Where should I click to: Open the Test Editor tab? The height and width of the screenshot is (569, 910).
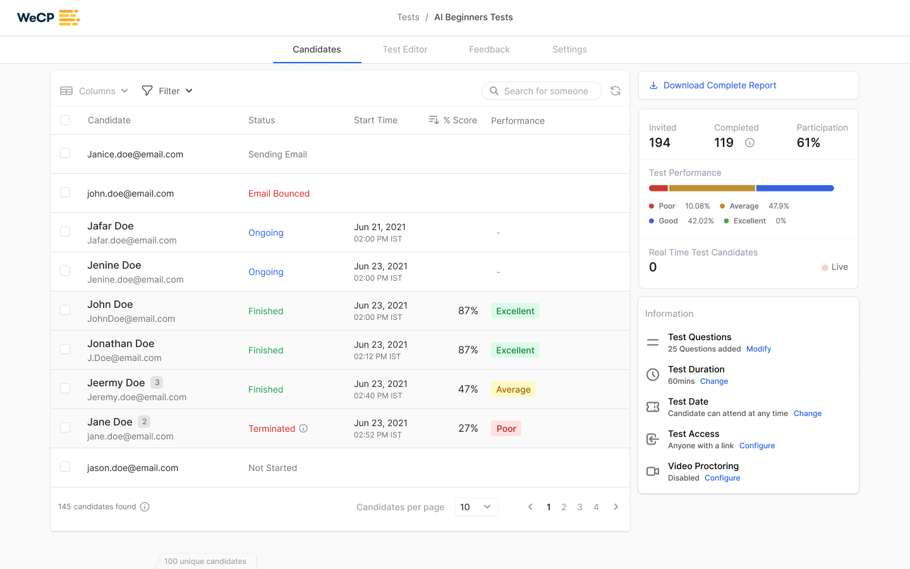pyautogui.click(x=404, y=49)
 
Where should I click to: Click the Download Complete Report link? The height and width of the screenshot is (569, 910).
pyautogui.click(x=719, y=85)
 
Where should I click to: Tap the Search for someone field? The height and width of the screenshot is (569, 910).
pyautogui.click(x=545, y=91)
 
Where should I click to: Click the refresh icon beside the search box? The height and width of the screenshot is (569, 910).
pyautogui.click(x=616, y=91)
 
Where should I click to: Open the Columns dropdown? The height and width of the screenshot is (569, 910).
pyautogui.click(x=94, y=91)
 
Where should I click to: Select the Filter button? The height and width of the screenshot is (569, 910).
pyautogui.click(x=167, y=91)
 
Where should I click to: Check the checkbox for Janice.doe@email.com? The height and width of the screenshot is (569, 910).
pyautogui.click(x=65, y=154)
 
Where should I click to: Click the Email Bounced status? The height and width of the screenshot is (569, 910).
pyautogui.click(x=279, y=193)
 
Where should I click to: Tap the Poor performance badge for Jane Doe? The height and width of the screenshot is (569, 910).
pyautogui.click(x=506, y=429)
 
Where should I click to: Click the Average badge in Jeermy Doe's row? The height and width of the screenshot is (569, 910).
pyautogui.click(x=513, y=389)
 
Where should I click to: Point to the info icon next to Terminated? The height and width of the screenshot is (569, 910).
pyautogui.click(x=303, y=429)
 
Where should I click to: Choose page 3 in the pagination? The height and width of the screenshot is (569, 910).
pyautogui.click(x=579, y=507)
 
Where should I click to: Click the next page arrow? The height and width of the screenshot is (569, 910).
pyautogui.click(x=616, y=507)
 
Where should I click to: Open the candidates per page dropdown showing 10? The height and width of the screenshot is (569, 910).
pyautogui.click(x=476, y=507)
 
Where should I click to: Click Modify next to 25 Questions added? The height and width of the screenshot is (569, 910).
pyautogui.click(x=758, y=349)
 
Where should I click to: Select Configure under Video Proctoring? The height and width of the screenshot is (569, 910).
pyautogui.click(x=722, y=478)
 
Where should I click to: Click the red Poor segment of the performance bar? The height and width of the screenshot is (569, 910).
pyautogui.click(x=658, y=188)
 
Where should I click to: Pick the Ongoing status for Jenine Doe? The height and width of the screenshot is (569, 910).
pyautogui.click(x=265, y=272)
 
